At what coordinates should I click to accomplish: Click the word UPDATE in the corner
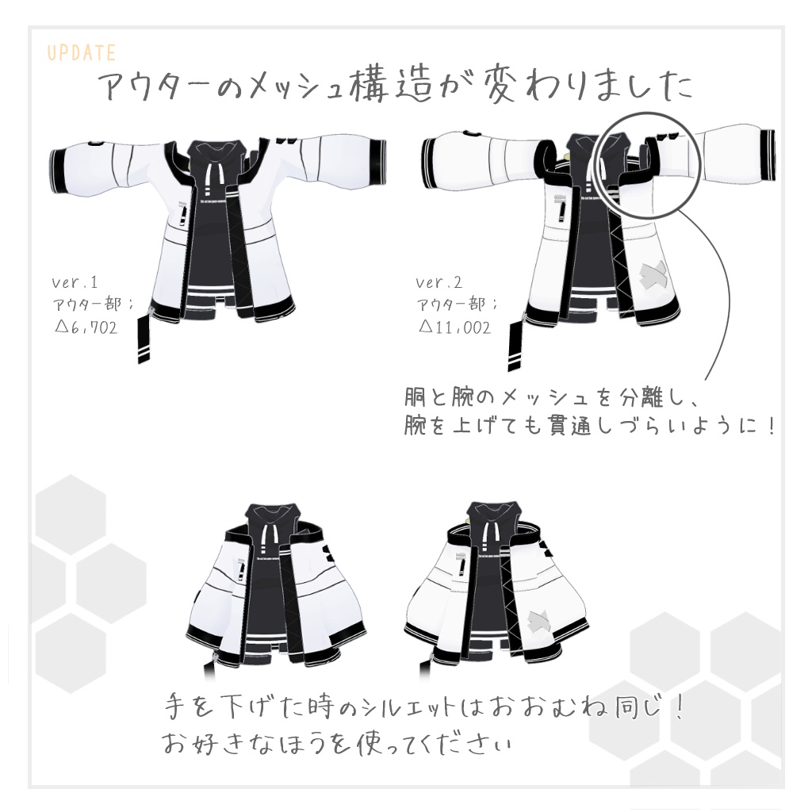point(82,53)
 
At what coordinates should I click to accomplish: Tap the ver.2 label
point(439,282)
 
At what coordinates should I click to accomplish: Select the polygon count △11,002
point(454,327)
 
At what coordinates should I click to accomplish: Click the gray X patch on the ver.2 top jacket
point(651,274)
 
